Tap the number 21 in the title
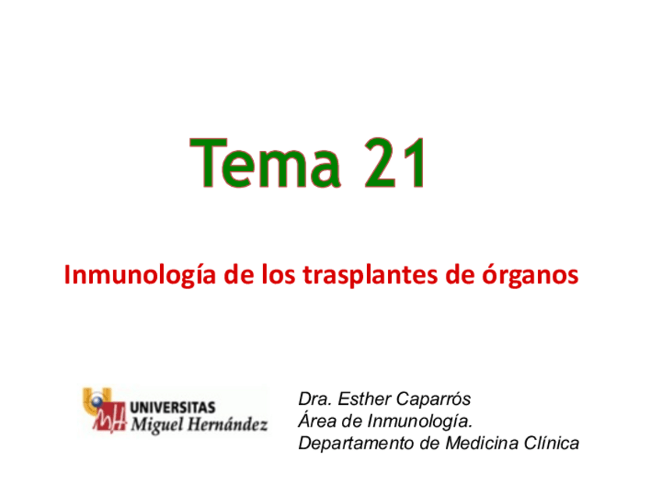point(395,163)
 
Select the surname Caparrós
point(435,399)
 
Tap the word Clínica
point(550,444)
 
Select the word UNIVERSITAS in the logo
point(172,408)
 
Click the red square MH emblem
point(109,422)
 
